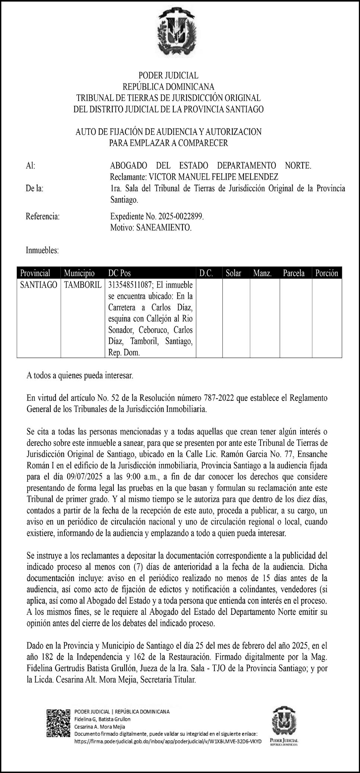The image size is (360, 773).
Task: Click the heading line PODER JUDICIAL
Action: click(168, 76)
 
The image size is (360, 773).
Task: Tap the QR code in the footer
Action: click(58, 724)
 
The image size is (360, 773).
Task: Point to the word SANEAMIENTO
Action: click(164, 227)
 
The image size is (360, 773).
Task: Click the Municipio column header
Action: click(79, 273)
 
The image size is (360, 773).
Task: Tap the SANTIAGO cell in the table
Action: click(39, 285)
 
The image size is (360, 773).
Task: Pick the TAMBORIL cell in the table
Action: click(83, 285)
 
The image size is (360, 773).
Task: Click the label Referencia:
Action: click(43, 216)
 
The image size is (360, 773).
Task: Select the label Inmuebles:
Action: click(42, 250)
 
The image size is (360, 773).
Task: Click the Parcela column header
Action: click(294, 273)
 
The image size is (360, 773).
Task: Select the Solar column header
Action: click(233, 273)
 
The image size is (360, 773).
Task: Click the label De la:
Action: click(35, 188)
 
